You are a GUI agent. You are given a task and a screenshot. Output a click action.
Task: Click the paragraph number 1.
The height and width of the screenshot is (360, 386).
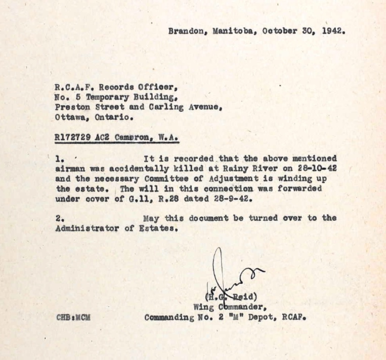[59, 158]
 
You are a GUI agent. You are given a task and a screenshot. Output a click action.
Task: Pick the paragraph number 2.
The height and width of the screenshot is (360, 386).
[59, 218]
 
